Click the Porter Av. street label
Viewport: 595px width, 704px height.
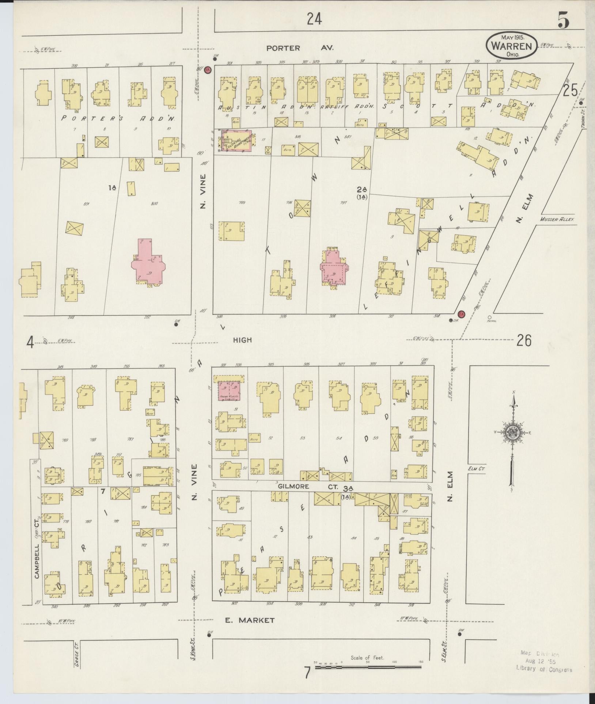[x=299, y=48]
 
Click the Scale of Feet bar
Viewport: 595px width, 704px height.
[x=368, y=667]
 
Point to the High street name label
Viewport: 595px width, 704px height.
[x=243, y=340]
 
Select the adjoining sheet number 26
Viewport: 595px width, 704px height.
[x=524, y=340]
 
